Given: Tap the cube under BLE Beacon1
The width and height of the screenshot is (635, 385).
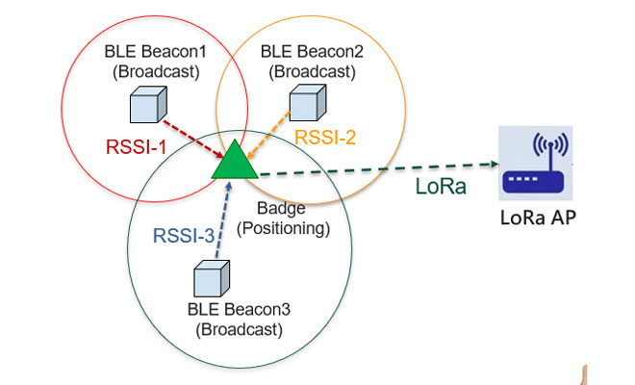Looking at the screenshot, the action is click(x=148, y=105).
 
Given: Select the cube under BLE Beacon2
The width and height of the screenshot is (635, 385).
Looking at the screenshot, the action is click(x=308, y=103).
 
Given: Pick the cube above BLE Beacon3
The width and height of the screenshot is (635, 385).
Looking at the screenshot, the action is click(x=212, y=279).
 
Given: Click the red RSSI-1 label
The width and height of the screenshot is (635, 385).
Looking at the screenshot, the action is click(x=136, y=146).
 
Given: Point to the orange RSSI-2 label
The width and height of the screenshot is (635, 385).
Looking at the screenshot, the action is click(x=325, y=138).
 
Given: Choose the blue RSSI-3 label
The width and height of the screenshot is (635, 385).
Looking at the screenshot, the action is click(x=184, y=236).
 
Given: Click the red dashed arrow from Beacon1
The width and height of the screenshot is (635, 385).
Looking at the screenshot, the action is click(x=193, y=139).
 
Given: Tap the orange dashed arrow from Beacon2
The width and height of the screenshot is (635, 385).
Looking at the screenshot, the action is click(x=268, y=135).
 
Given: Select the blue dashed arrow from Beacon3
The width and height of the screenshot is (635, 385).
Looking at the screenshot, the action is click(x=223, y=219).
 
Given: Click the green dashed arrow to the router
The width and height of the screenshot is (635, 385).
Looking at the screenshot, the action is click(x=379, y=169).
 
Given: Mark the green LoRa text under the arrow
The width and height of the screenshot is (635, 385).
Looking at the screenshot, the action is click(x=441, y=187).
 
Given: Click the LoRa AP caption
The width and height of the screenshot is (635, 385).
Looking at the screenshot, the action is click(x=538, y=218).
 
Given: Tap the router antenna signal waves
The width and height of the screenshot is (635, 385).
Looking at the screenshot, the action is click(x=550, y=144).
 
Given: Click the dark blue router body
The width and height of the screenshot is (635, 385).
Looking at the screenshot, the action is click(x=533, y=182).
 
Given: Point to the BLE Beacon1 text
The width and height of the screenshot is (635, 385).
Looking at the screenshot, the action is click(x=156, y=52).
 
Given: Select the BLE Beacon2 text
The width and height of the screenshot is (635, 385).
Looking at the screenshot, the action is click(x=312, y=52).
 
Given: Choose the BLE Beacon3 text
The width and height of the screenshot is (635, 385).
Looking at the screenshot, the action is click(x=239, y=310).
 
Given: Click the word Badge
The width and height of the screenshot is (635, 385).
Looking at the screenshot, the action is click(x=281, y=209).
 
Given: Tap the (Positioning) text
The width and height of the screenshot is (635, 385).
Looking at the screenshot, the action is click(x=283, y=228).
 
